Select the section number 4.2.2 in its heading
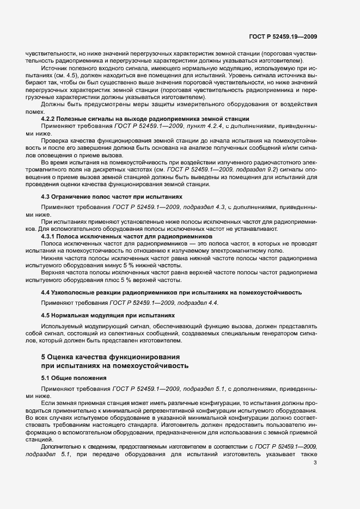[x=50, y=119]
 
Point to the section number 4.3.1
[x=50, y=237]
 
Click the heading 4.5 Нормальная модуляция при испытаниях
[x=109, y=315]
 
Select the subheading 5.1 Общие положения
[x=74, y=377]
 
